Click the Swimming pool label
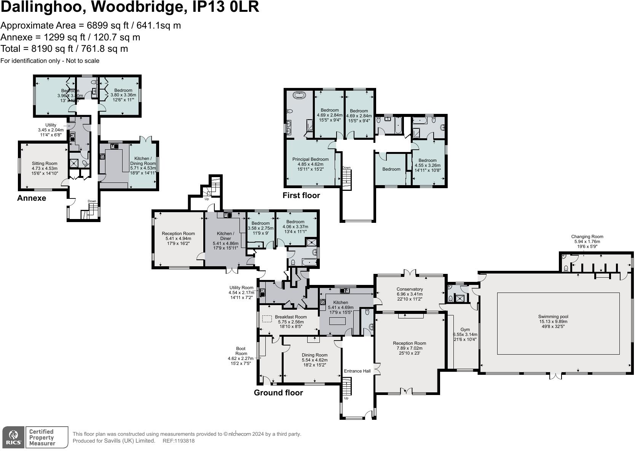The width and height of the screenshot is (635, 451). (x=553, y=317)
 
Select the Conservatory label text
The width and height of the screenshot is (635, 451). (x=410, y=289)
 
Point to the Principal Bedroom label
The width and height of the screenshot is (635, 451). (x=310, y=159)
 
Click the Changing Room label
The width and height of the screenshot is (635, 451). (x=587, y=237)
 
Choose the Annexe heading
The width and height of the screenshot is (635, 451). (x=32, y=198)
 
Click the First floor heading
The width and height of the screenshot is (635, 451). (x=301, y=195)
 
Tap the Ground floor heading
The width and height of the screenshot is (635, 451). (x=278, y=393)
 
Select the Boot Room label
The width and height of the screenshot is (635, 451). (x=241, y=351)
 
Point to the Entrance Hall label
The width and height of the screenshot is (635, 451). (x=357, y=371)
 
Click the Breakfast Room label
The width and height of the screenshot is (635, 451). (x=290, y=317)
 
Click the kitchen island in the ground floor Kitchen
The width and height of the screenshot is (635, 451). (x=337, y=321)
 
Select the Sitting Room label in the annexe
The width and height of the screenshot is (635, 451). (x=45, y=163)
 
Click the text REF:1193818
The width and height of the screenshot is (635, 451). (x=179, y=441)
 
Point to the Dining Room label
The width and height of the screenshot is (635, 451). (x=314, y=355)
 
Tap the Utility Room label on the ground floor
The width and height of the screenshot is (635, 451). (x=241, y=288)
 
